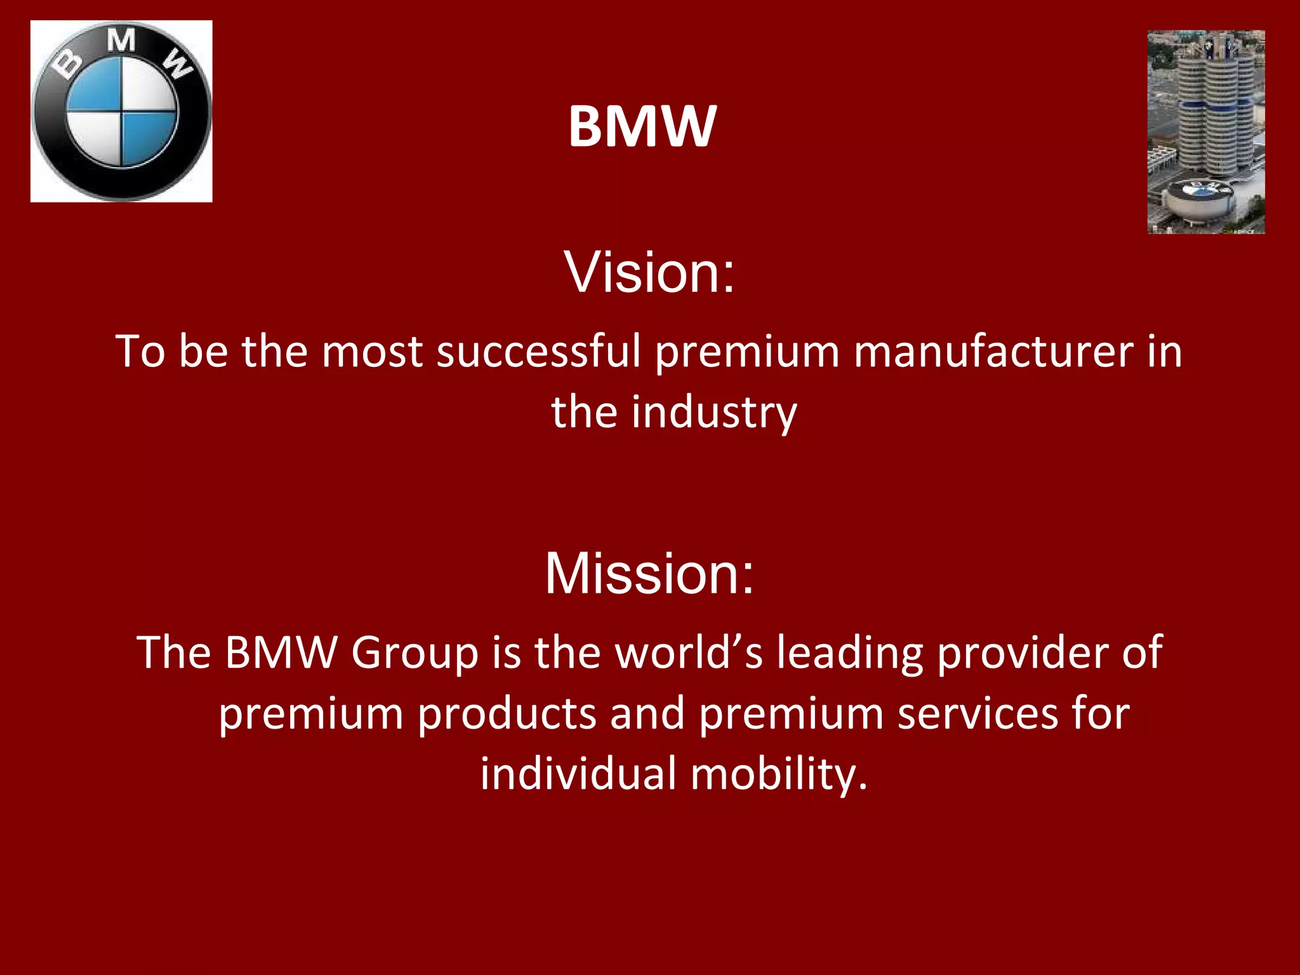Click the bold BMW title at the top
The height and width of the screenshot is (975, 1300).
[642, 126]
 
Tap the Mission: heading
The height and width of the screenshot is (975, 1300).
[649, 573]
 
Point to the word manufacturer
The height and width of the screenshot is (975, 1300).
[993, 350]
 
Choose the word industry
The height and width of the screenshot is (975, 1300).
[714, 412]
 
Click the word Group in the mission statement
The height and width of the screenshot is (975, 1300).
[415, 652]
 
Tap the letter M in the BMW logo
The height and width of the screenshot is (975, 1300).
[121, 41]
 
